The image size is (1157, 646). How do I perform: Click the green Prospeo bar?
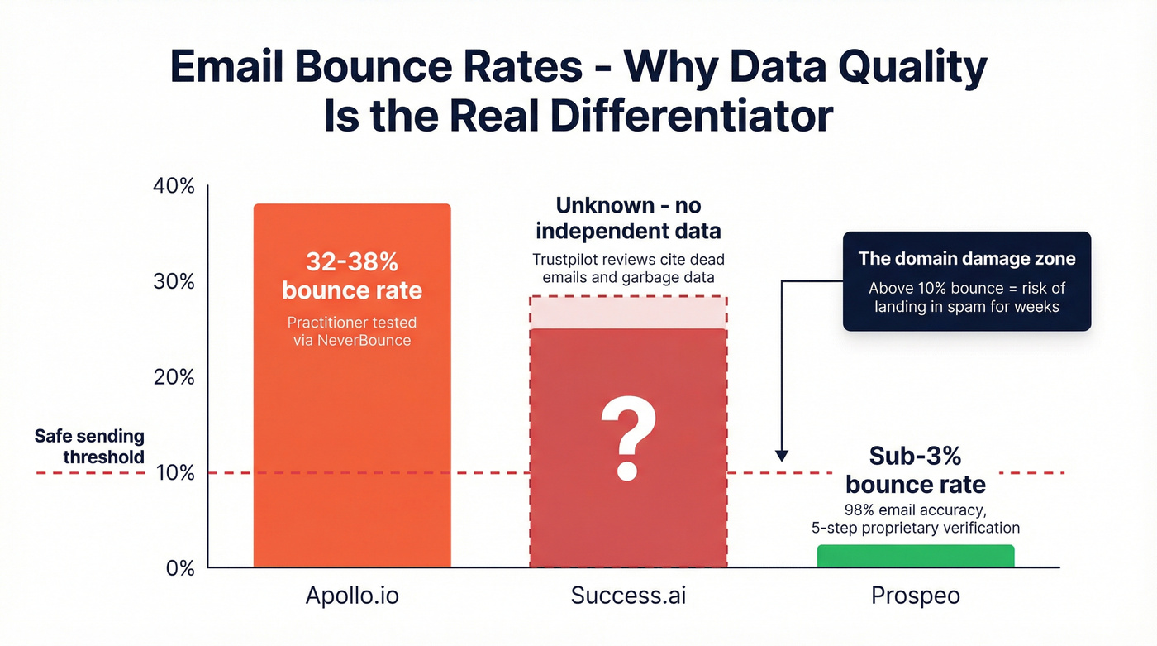(915, 556)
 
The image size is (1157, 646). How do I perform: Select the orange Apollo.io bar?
(352, 430)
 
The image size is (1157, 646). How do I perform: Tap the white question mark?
(627, 438)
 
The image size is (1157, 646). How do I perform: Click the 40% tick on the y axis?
(174, 186)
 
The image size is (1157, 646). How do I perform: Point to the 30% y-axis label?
(174, 281)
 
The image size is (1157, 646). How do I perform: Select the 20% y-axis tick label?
(174, 377)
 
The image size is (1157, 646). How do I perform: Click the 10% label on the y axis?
(174, 473)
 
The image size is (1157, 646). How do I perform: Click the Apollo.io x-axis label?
(351, 596)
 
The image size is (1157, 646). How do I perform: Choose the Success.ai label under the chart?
(628, 596)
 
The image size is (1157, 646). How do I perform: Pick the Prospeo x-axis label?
(916, 596)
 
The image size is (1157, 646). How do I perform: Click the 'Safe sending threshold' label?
(89, 447)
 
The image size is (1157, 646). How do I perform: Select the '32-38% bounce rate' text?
(352, 276)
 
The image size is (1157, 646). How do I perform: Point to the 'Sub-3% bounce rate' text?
(915, 470)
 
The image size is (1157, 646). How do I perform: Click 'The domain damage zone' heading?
(966, 258)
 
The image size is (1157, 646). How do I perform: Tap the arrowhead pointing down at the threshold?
(782, 456)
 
